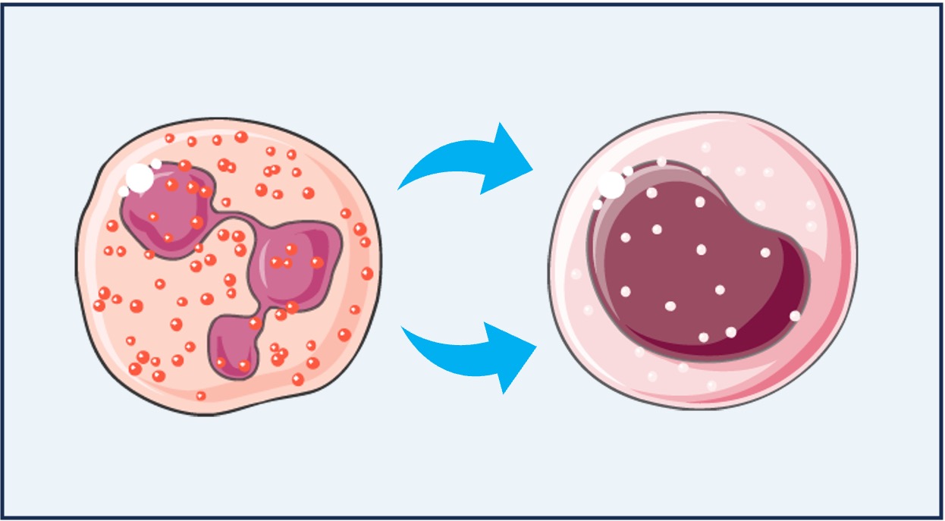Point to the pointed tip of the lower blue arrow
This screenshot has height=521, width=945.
click(x=535, y=348)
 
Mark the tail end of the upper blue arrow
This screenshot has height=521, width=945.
click(x=400, y=187)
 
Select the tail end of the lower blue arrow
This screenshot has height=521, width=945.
click(x=403, y=328)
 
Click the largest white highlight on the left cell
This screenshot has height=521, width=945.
click(x=140, y=177)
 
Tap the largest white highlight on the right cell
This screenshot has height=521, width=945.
click(x=611, y=184)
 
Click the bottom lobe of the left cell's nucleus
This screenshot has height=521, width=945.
click(x=235, y=345)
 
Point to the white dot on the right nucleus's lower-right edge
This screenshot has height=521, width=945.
click(x=794, y=315)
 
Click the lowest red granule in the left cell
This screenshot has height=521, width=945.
click(x=201, y=396)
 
